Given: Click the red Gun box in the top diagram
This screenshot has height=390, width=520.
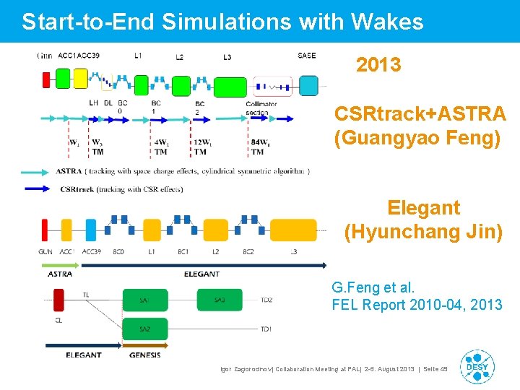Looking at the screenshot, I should click(46, 79).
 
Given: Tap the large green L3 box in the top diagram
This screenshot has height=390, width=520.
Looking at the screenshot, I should click(230, 85).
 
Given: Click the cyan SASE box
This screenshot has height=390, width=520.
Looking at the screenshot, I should click(309, 86).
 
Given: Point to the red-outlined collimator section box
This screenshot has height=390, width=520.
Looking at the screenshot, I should click(272, 86).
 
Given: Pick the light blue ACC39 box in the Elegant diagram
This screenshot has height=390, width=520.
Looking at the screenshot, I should click(91, 230).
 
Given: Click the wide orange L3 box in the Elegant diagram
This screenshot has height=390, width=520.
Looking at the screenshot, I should click(292, 230).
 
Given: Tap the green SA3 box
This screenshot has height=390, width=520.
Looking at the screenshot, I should click(220, 300).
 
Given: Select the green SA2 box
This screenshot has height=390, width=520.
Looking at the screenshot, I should click(144, 329).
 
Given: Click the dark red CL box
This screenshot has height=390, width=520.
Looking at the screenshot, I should click(58, 299).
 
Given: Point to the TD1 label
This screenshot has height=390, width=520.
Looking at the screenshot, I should click(266, 329).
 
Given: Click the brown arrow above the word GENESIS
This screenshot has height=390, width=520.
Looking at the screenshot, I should click(144, 347).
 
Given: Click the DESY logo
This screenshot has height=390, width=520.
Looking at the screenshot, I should click(477, 367).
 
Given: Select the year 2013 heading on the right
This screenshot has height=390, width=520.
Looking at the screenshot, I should click(378, 65).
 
